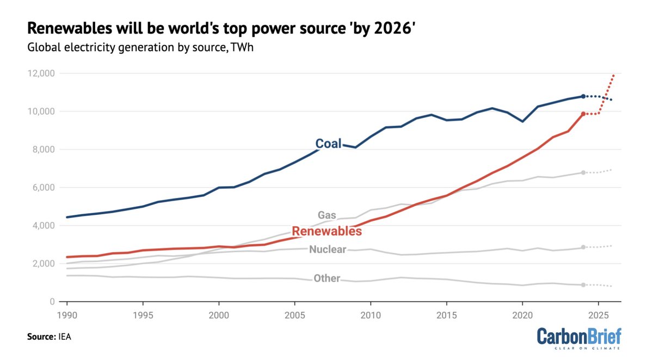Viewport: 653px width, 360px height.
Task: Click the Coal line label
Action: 329,144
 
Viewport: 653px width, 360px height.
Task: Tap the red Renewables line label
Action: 326,231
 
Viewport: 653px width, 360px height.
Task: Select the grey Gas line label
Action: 326,215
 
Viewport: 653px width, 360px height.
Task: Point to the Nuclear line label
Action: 328,250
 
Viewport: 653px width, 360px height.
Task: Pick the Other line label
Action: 326,278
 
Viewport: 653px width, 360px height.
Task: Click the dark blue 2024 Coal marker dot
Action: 583,96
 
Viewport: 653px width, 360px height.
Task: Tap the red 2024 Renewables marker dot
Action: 583,114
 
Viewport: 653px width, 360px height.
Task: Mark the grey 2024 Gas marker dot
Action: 583,172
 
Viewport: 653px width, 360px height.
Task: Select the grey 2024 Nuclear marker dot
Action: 583,247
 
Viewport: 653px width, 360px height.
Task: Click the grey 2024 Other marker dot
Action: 583,285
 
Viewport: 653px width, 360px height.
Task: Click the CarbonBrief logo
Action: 579,338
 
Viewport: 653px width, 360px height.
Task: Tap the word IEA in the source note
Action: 64,337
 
